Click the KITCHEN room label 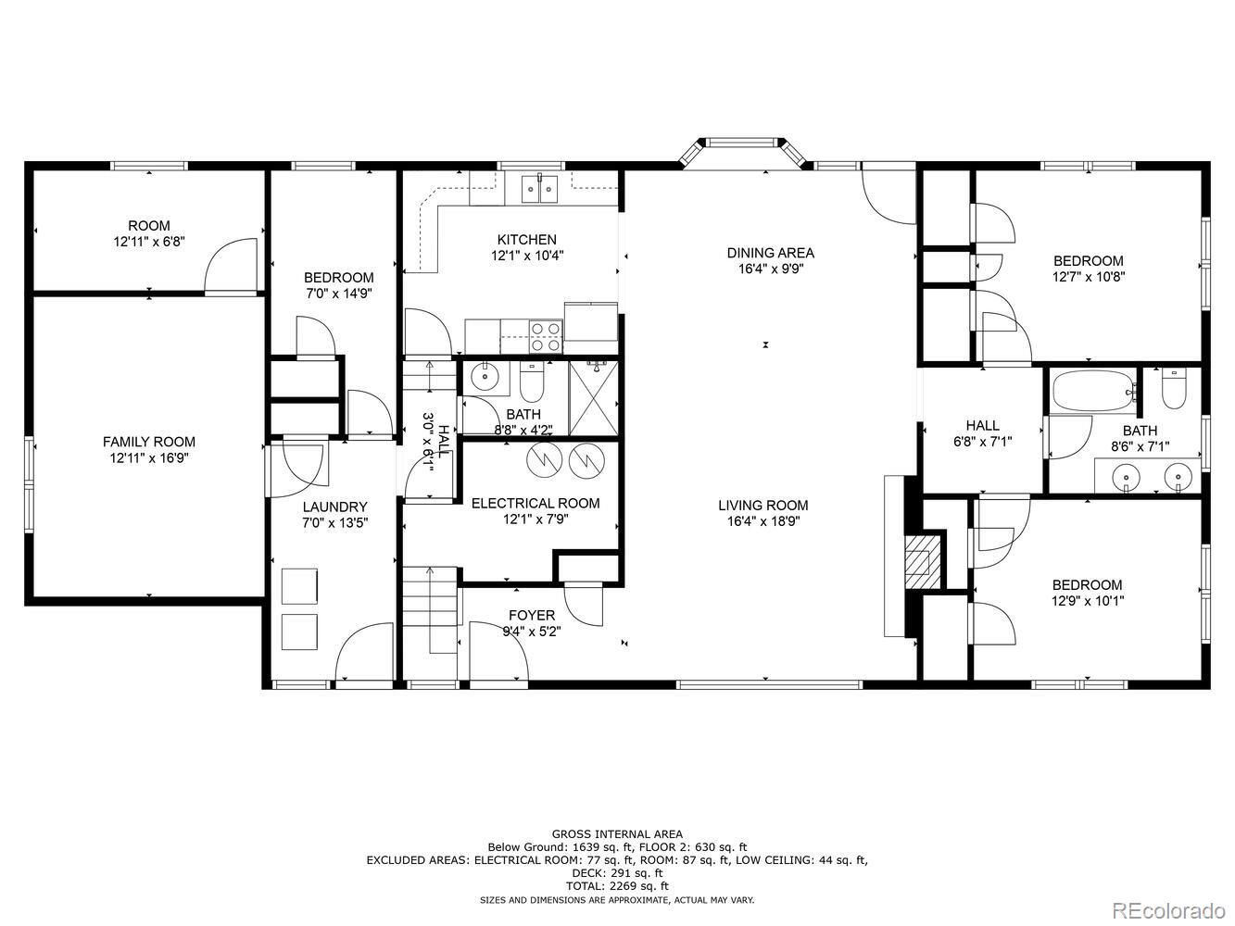click(x=526, y=240)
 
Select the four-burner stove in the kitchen click(x=546, y=336)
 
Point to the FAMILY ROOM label click(x=149, y=442)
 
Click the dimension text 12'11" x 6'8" click(x=149, y=242)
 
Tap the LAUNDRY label click(x=334, y=507)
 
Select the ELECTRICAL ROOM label click(x=536, y=503)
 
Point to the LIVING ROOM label click(x=763, y=506)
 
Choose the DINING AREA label click(x=771, y=253)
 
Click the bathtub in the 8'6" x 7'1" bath click(x=1094, y=390)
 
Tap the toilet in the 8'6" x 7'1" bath click(x=1174, y=388)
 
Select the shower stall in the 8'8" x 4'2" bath click(x=594, y=398)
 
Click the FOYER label click(x=532, y=615)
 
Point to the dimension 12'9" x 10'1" click(x=1088, y=601)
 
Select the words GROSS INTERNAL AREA click(x=617, y=834)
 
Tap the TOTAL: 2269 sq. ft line click(x=617, y=886)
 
